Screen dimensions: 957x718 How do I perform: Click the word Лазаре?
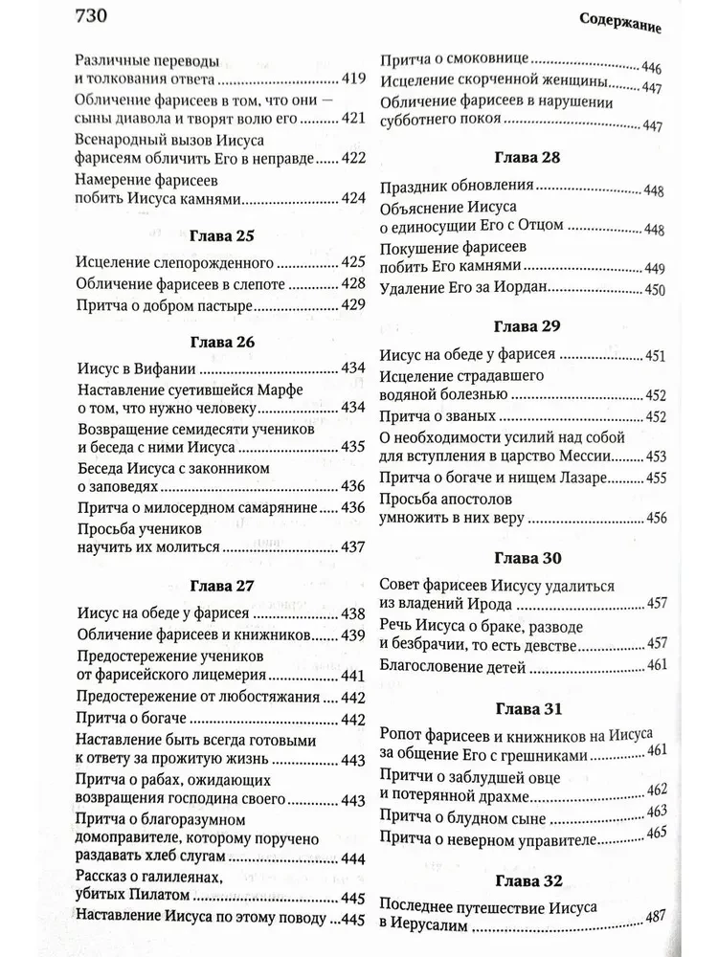coord(583,477)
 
